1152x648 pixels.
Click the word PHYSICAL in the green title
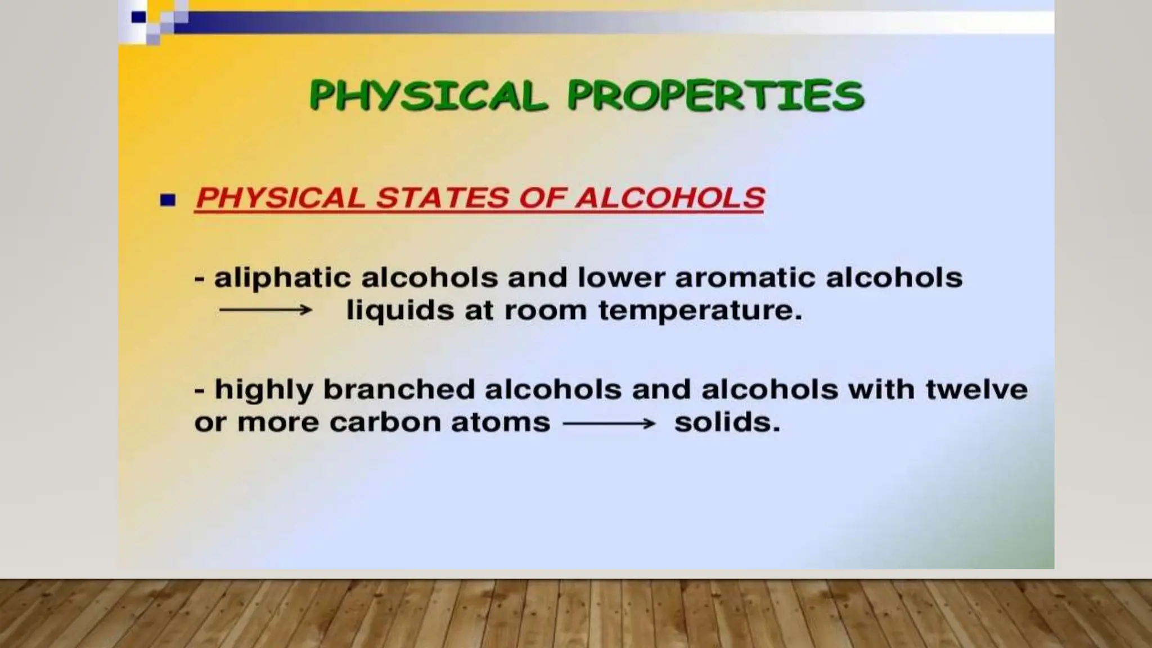point(428,95)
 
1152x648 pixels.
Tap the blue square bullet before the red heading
point(168,200)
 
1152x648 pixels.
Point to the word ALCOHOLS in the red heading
point(669,198)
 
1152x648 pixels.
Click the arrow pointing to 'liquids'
point(265,310)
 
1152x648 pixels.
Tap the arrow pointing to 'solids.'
point(609,423)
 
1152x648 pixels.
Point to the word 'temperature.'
point(700,311)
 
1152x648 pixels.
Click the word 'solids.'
point(727,423)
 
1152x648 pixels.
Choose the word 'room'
point(545,311)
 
